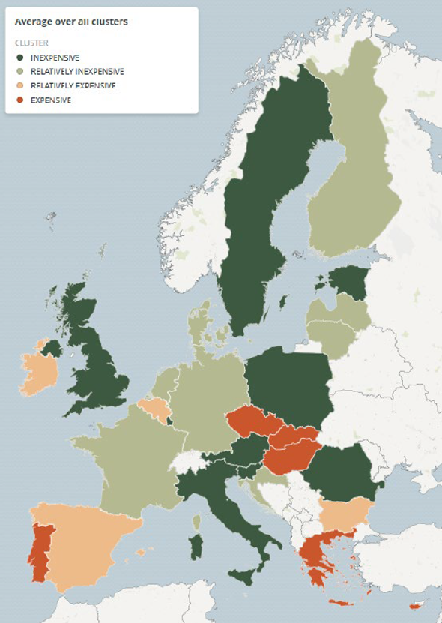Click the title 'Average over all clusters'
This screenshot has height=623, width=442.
[x=71, y=22]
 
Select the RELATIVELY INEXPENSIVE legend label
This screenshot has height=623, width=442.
[x=77, y=72]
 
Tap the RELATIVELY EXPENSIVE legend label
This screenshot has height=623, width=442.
[x=73, y=86]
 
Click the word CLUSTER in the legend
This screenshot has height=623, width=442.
[x=31, y=43]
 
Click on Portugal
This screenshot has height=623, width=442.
[x=38, y=550]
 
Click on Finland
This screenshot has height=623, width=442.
[x=352, y=187]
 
